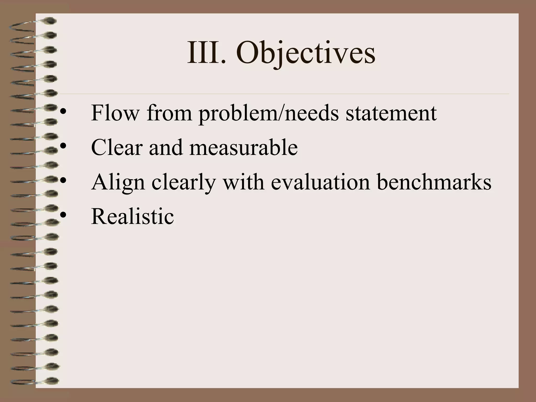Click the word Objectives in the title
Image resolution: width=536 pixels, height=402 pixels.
click(x=305, y=54)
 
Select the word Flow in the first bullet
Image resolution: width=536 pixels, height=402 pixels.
click(x=115, y=113)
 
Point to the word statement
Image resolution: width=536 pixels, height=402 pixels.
click(x=391, y=113)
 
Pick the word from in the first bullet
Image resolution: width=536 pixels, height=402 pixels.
click(x=169, y=113)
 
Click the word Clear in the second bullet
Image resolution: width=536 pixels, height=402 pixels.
click(x=116, y=147)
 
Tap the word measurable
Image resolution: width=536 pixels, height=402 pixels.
click(x=243, y=147)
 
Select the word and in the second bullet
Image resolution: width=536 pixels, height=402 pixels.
click(x=165, y=147)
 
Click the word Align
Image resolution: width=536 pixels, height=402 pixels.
click(x=118, y=183)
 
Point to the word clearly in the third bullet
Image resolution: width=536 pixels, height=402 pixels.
click(x=183, y=183)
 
